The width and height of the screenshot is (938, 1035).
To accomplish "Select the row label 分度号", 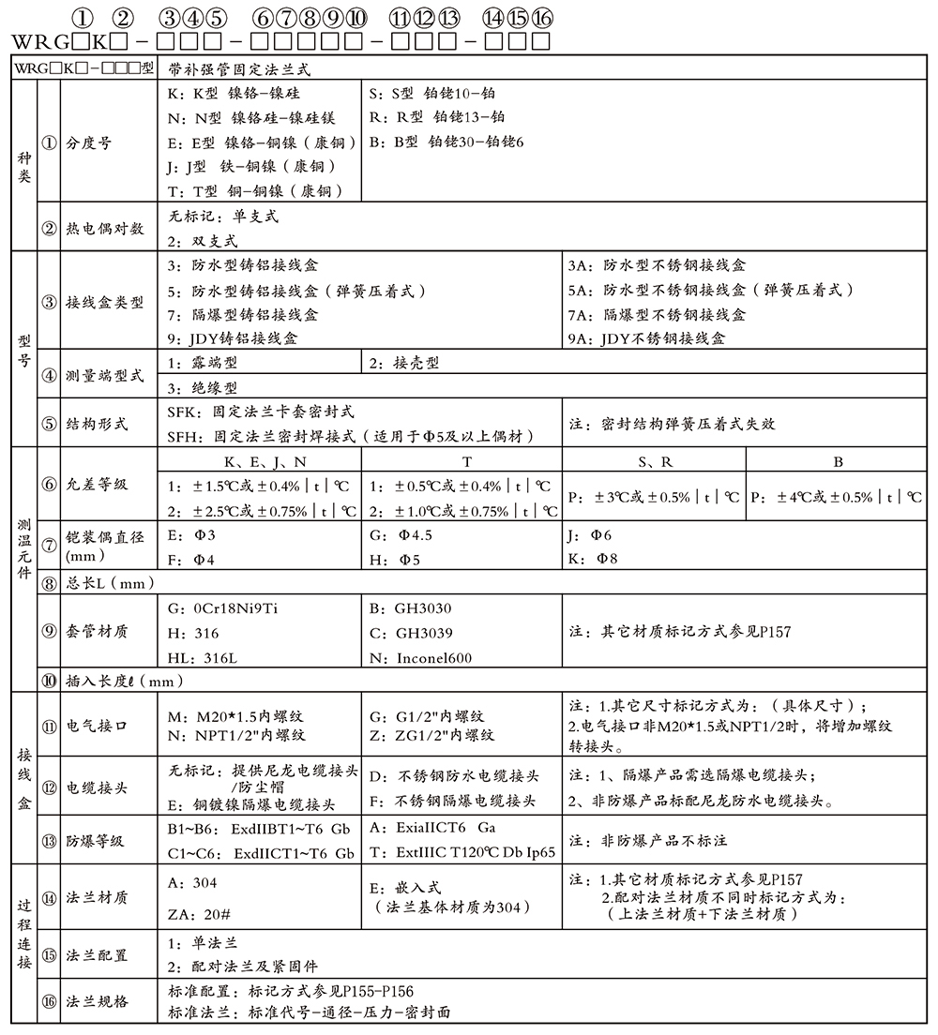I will [88, 143].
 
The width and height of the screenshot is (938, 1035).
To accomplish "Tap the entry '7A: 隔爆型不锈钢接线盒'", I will [657, 315].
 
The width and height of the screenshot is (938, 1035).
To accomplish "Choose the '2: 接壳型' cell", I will [404, 363].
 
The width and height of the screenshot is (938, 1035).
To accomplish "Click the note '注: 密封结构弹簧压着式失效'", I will [673, 424].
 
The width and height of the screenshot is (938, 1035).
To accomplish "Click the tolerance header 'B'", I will [838, 462].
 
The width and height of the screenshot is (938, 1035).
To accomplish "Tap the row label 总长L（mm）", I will [110, 583].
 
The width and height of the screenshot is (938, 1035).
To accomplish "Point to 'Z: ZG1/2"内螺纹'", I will [432, 736].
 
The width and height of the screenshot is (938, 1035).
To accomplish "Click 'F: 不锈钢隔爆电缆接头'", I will [454, 801].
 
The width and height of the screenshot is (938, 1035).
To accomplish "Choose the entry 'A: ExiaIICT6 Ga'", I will [433, 828].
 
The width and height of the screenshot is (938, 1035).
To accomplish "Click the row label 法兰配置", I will [96, 955].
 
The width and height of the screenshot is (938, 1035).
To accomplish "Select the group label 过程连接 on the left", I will [23, 933].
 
